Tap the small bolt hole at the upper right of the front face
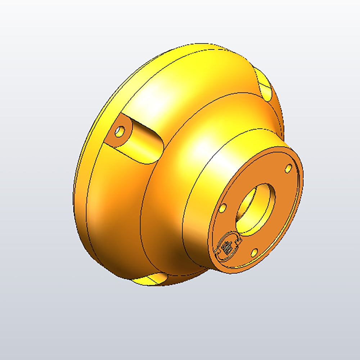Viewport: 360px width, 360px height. pyautogui.click(x=288, y=168)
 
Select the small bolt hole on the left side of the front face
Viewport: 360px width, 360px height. pyautogui.click(x=223, y=208)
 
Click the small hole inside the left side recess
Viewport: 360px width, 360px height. pyautogui.click(x=120, y=131)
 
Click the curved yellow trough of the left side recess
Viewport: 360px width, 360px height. pyautogui.click(x=142, y=144)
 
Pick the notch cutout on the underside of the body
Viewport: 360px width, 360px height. pyautogui.click(x=149, y=279)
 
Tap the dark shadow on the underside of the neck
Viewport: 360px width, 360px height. pyautogui.click(x=187, y=256)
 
